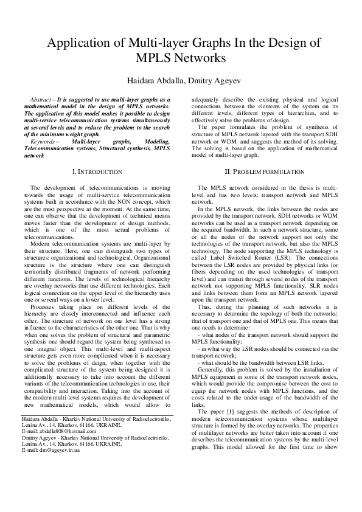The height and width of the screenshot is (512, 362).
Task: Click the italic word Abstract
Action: pyautogui.click(x=40, y=99)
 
